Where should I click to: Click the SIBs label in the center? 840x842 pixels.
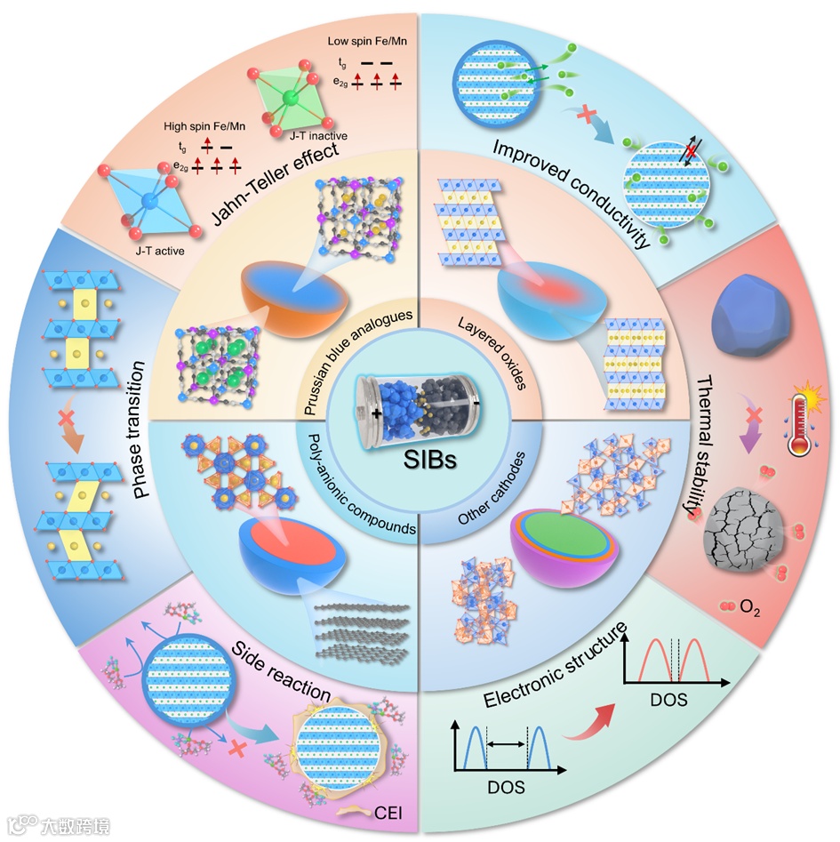coord(420,464)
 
